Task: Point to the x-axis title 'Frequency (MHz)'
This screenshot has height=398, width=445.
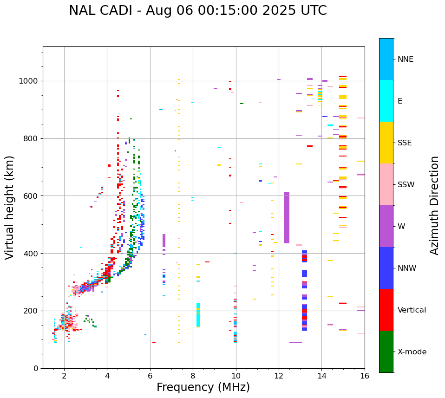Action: [x=203, y=387]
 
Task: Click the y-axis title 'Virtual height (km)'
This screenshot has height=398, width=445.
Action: [x=10, y=207]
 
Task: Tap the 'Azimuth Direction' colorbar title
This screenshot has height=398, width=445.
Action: [x=434, y=205]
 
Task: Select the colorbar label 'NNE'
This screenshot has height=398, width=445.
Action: [x=405, y=59]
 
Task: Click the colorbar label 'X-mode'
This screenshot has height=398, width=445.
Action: [x=412, y=352]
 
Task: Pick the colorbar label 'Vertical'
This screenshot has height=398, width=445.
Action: [x=412, y=310]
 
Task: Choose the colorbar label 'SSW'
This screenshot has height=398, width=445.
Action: [x=406, y=185]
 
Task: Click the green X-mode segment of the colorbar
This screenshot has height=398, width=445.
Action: [x=386, y=352]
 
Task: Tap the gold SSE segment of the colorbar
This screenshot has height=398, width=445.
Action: [x=386, y=143]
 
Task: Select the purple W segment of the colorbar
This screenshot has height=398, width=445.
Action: [x=386, y=226]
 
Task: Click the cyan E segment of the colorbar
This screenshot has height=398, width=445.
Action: [x=386, y=101]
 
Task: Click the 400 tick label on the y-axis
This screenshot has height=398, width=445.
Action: [x=33, y=254]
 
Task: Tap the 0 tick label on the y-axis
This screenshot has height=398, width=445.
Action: [x=36, y=368]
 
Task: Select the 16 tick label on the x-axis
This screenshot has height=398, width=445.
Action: [x=365, y=376]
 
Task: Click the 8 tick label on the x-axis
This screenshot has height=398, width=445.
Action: [x=193, y=376]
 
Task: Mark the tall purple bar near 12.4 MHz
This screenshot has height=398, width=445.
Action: [x=287, y=217]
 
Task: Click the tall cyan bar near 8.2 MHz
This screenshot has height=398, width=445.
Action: [x=198, y=315]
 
